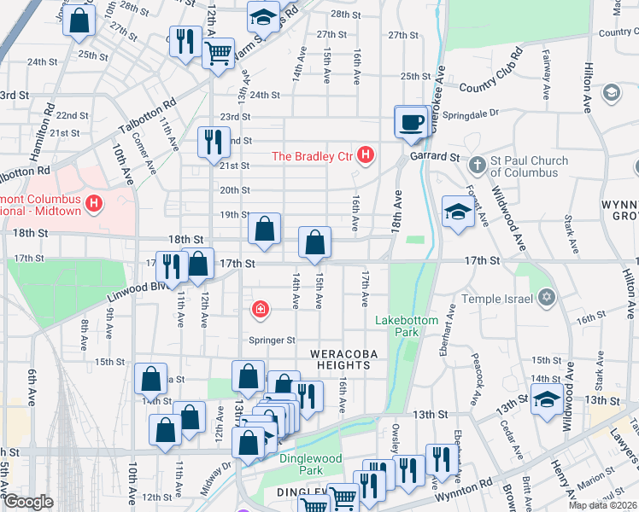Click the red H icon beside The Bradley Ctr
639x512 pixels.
pyautogui.click(x=366, y=155)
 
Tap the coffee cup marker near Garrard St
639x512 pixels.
pyautogui.click(x=411, y=121)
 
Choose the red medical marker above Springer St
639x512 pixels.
pyautogui.click(x=258, y=309)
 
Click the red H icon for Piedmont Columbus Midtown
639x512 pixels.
pyautogui.click(x=94, y=204)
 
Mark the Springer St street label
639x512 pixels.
pyautogui.click(x=272, y=340)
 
